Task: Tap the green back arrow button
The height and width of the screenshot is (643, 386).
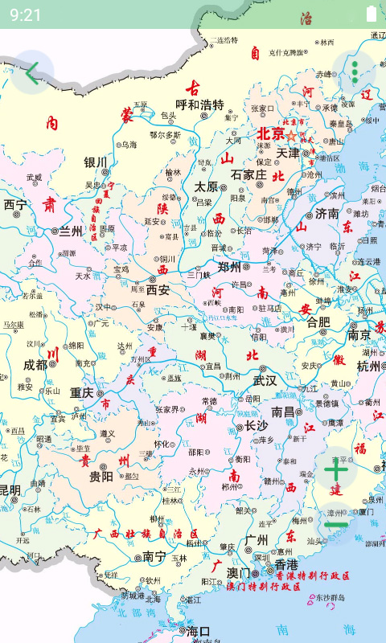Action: pos(31,73)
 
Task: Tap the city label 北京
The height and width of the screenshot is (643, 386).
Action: pos(271,134)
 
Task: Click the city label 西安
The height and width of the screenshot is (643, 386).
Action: pos(158,289)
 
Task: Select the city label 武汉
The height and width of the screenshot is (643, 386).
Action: pos(265,380)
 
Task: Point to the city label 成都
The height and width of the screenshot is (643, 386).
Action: pos(35,364)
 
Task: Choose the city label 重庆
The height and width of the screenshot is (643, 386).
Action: pos(82,393)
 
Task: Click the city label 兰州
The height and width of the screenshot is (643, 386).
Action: pos(71,231)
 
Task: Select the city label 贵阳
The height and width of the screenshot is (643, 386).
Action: pos(101,477)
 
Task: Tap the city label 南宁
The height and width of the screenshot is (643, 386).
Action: pos(154,555)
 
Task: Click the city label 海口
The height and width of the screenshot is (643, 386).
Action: pos(198,631)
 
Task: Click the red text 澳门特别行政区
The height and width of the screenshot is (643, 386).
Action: pos(264,588)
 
